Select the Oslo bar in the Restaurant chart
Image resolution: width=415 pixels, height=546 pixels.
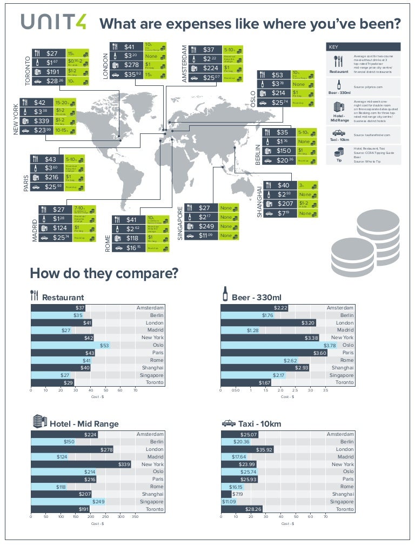pyautogui.click(x=70, y=345)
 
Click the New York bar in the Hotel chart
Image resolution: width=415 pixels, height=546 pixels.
pyautogui.click(x=81, y=464)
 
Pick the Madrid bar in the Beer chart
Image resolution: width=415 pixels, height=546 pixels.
pyautogui.click(x=240, y=330)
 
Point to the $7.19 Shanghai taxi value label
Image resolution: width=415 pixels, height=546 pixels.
pyautogui.click(x=238, y=494)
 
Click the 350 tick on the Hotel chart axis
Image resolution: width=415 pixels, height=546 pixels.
pyautogui.click(x=135, y=517)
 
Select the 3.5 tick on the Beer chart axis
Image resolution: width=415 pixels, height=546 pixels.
pyautogui.click(x=325, y=389)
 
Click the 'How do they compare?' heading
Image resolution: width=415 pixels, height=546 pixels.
pyautogui.click(x=104, y=273)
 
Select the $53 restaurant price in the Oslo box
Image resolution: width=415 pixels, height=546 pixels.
pyautogui.click(x=277, y=76)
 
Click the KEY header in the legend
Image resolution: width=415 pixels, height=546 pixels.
pyautogui.click(x=334, y=47)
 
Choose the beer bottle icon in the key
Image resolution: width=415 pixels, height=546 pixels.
pyautogui.click(x=338, y=85)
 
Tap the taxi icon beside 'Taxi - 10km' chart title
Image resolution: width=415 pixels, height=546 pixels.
pyautogui.click(x=229, y=423)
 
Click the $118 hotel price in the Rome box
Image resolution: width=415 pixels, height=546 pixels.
pyautogui.click(x=132, y=238)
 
